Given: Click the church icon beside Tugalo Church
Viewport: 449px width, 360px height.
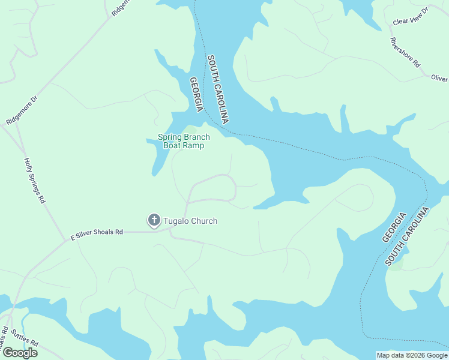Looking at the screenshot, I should click(x=154, y=221).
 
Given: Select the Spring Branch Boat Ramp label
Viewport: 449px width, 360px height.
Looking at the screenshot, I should click(x=184, y=141).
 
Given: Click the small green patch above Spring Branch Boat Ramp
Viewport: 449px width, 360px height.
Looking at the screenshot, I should click(x=190, y=130).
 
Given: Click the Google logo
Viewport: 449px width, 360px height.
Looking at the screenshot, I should click(x=20, y=352).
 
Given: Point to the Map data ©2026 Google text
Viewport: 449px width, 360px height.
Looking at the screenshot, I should click(x=411, y=355).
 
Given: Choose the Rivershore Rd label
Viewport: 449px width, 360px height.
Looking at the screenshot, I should click(x=405, y=53).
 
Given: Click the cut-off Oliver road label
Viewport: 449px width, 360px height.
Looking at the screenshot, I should click(x=439, y=79).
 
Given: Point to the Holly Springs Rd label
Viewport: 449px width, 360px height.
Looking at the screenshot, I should click(x=35, y=181).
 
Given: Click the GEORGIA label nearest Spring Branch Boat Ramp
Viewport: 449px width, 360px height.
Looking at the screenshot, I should click(x=196, y=94).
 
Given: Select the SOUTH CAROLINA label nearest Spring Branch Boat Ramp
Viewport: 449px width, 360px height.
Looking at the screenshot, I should click(x=217, y=89).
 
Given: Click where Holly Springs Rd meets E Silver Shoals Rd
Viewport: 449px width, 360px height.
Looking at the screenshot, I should click(x=65, y=242).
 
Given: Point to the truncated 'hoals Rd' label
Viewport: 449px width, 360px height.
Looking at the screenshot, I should click(x=4, y=331).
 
